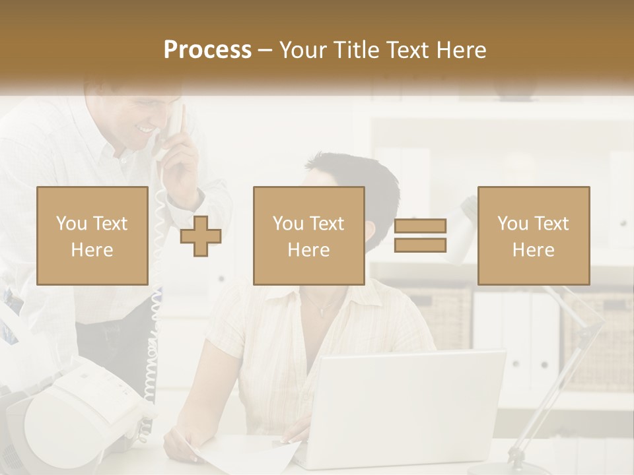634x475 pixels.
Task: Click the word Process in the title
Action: pyautogui.click(x=207, y=50)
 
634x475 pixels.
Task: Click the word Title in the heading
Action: pyautogui.click(x=357, y=50)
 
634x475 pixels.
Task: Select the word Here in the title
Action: pyautogui.click(x=460, y=50)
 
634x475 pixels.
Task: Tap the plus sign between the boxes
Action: pyautogui.click(x=201, y=236)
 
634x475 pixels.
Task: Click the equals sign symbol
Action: pyautogui.click(x=420, y=236)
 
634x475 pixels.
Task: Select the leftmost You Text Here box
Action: pyautogui.click(x=92, y=236)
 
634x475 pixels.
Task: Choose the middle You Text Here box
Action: pyautogui.click(x=309, y=236)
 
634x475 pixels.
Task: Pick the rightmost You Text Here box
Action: pyautogui.click(x=534, y=236)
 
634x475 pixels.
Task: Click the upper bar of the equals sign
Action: pyautogui.click(x=420, y=226)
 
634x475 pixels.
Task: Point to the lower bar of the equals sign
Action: pyautogui.click(x=420, y=245)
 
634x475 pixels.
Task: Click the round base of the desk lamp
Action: pyautogui.click(x=522, y=462)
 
